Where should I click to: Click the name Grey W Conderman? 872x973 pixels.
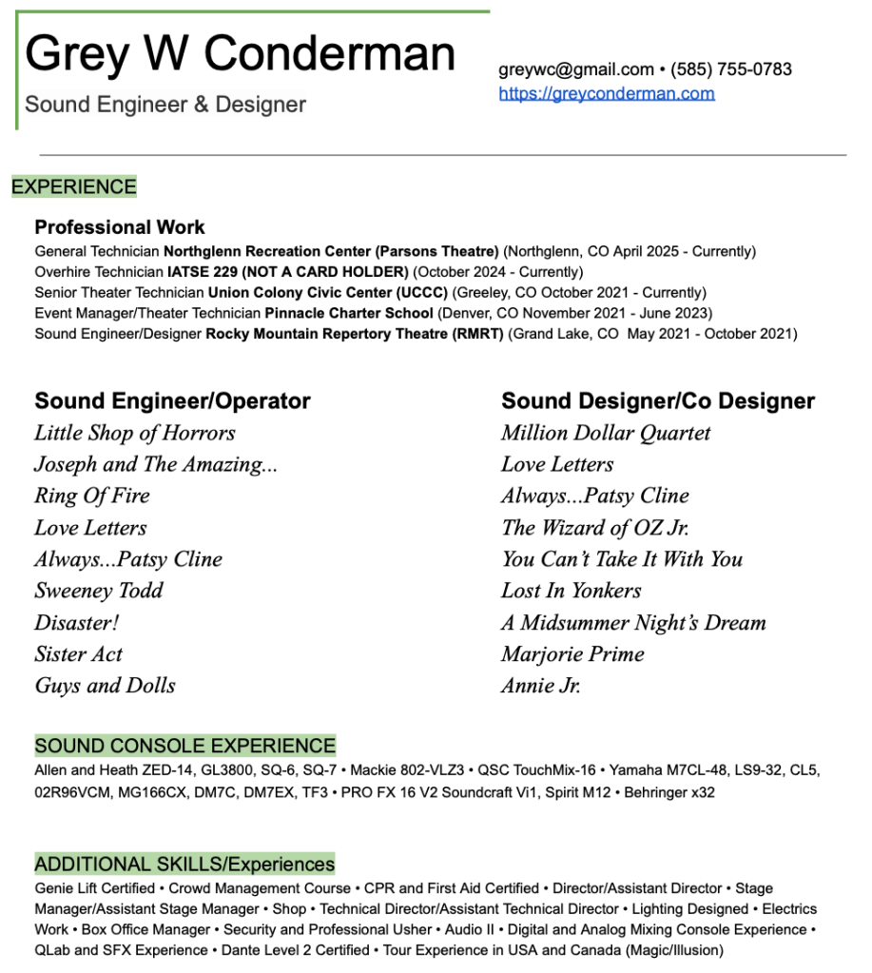(240, 53)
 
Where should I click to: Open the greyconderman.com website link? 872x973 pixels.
(606, 93)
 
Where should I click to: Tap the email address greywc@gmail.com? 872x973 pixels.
(575, 69)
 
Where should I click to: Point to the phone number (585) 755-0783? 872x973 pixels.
(731, 69)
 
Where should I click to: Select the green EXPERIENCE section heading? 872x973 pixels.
(74, 186)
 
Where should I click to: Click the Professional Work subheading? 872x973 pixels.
(120, 227)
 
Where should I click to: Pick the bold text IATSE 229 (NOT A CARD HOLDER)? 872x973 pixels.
(287, 272)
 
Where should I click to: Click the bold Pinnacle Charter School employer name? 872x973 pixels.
(349, 313)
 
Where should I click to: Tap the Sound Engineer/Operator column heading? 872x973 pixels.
(172, 401)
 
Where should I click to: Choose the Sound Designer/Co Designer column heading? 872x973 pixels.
(658, 401)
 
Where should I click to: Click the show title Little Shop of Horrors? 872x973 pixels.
(134, 433)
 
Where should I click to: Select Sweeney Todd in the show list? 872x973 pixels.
(99, 591)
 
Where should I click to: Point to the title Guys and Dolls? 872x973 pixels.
(105, 686)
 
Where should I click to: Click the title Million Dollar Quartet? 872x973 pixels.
(606, 433)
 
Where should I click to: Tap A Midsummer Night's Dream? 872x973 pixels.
(633, 623)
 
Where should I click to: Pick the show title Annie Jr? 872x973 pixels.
(540, 686)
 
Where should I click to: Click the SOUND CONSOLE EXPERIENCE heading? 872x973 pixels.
(185, 746)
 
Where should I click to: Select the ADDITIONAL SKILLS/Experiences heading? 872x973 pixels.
(184, 864)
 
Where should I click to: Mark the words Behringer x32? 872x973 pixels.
(669, 791)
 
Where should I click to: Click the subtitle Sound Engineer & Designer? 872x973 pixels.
(165, 105)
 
